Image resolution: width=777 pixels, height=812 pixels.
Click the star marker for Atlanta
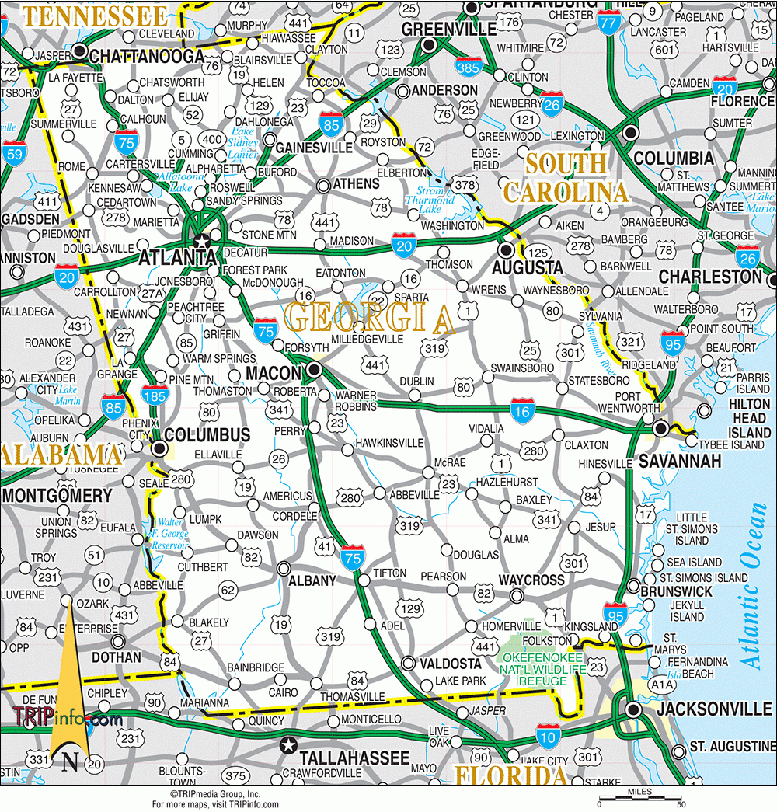pos(200,240)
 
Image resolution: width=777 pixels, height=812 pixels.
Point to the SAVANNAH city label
pos(680,462)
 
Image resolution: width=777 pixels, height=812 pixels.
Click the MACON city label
pos(274,373)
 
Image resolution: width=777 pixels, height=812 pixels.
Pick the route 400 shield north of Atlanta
pos(210,139)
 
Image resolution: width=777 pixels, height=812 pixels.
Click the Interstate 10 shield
pos(546,734)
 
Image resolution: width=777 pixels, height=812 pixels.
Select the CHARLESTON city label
pos(710,277)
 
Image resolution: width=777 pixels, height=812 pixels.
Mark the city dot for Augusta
pos(507,250)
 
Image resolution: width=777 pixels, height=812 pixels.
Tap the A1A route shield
pos(661,685)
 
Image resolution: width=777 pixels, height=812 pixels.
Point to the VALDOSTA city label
pos(451,664)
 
